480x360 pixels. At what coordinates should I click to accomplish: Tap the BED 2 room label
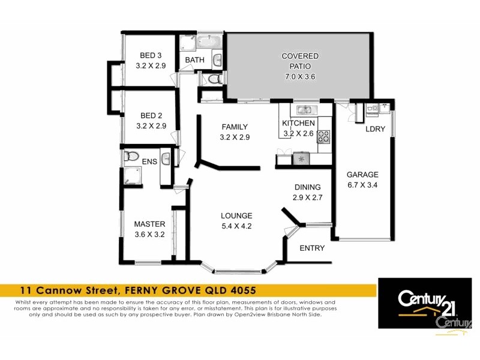tap(151, 115)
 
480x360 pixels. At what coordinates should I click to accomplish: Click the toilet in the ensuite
tap(131, 157)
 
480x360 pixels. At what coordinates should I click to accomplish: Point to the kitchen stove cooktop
tap(323, 137)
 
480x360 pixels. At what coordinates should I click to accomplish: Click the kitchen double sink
tap(305, 110)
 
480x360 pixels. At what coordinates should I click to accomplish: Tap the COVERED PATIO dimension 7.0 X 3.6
tap(300, 77)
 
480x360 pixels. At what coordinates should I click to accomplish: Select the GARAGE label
tap(362, 175)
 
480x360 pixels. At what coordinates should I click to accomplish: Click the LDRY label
tap(375, 130)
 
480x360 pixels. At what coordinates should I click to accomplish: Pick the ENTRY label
tap(312, 248)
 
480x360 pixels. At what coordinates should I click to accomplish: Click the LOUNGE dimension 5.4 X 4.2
tap(236, 226)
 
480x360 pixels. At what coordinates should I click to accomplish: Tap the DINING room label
tap(307, 187)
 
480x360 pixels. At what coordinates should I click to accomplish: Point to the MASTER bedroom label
tap(149, 224)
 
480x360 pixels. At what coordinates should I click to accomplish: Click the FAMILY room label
tap(235, 127)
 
